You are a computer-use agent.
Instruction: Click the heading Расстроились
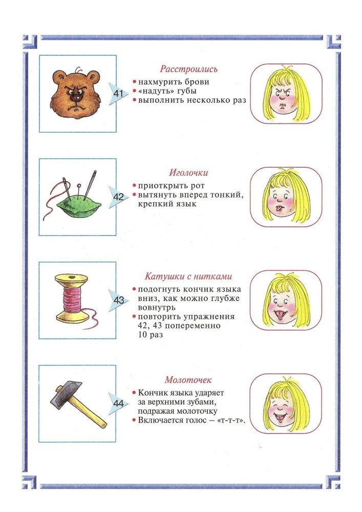pos(188,69)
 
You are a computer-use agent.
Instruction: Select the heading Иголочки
pos(188,173)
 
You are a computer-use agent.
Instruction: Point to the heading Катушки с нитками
pos(188,276)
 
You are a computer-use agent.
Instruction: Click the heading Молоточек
pos(188,380)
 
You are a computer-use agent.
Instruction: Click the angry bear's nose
pos(75,97)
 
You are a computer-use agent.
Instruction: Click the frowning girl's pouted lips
pos(283,105)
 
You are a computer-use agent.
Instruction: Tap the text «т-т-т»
pos(230,420)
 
